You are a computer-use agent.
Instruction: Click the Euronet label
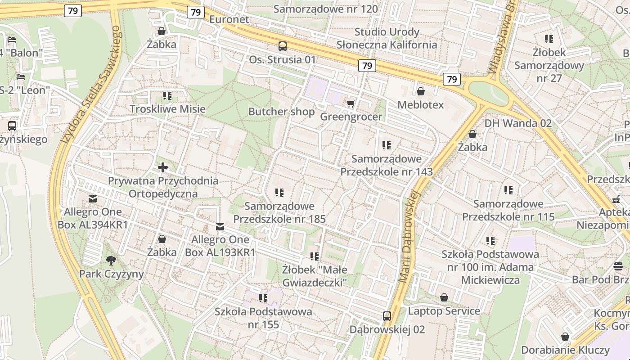pyautogui.click(x=229, y=19)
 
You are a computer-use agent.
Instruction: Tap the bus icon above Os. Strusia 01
pyautogui.click(x=283, y=46)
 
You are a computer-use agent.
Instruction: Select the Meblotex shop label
pyautogui.click(x=421, y=105)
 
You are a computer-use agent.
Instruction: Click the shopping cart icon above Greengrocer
pyautogui.click(x=351, y=103)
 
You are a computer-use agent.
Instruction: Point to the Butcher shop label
pyautogui.click(x=281, y=112)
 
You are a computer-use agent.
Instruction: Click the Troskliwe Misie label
pyautogui.click(x=167, y=109)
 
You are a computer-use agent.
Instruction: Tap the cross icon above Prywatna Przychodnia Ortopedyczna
pyautogui.click(x=163, y=168)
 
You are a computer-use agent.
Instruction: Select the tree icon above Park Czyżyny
pyautogui.click(x=111, y=260)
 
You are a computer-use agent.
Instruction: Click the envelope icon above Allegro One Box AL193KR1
pyautogui.click(x=220, y=226)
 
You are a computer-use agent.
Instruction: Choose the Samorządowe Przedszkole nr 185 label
pyautogui.click(x=279, y=212)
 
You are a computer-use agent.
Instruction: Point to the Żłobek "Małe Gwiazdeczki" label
pyautogui.click(x=315, y=276)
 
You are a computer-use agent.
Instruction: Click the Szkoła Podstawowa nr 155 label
pyautogui.click(x=263, y=318)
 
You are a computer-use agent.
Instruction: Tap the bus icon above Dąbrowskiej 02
pyautogui.click(x=387, y=316)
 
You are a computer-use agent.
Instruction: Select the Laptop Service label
pyautogui.click(x=444, y=311)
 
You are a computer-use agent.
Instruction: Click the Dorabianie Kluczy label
pyautogui.click(x=565, y=350)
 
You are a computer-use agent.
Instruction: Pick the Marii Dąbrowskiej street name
pyautogui.click(x=410, y=237)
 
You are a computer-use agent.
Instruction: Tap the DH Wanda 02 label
pyautogui.click(x=518, y=123)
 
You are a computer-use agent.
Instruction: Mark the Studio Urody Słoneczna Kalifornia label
pyautogui.click(x=387, y=38)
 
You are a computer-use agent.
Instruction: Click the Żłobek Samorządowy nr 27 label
pyautogui.click(x=549, y=65)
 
